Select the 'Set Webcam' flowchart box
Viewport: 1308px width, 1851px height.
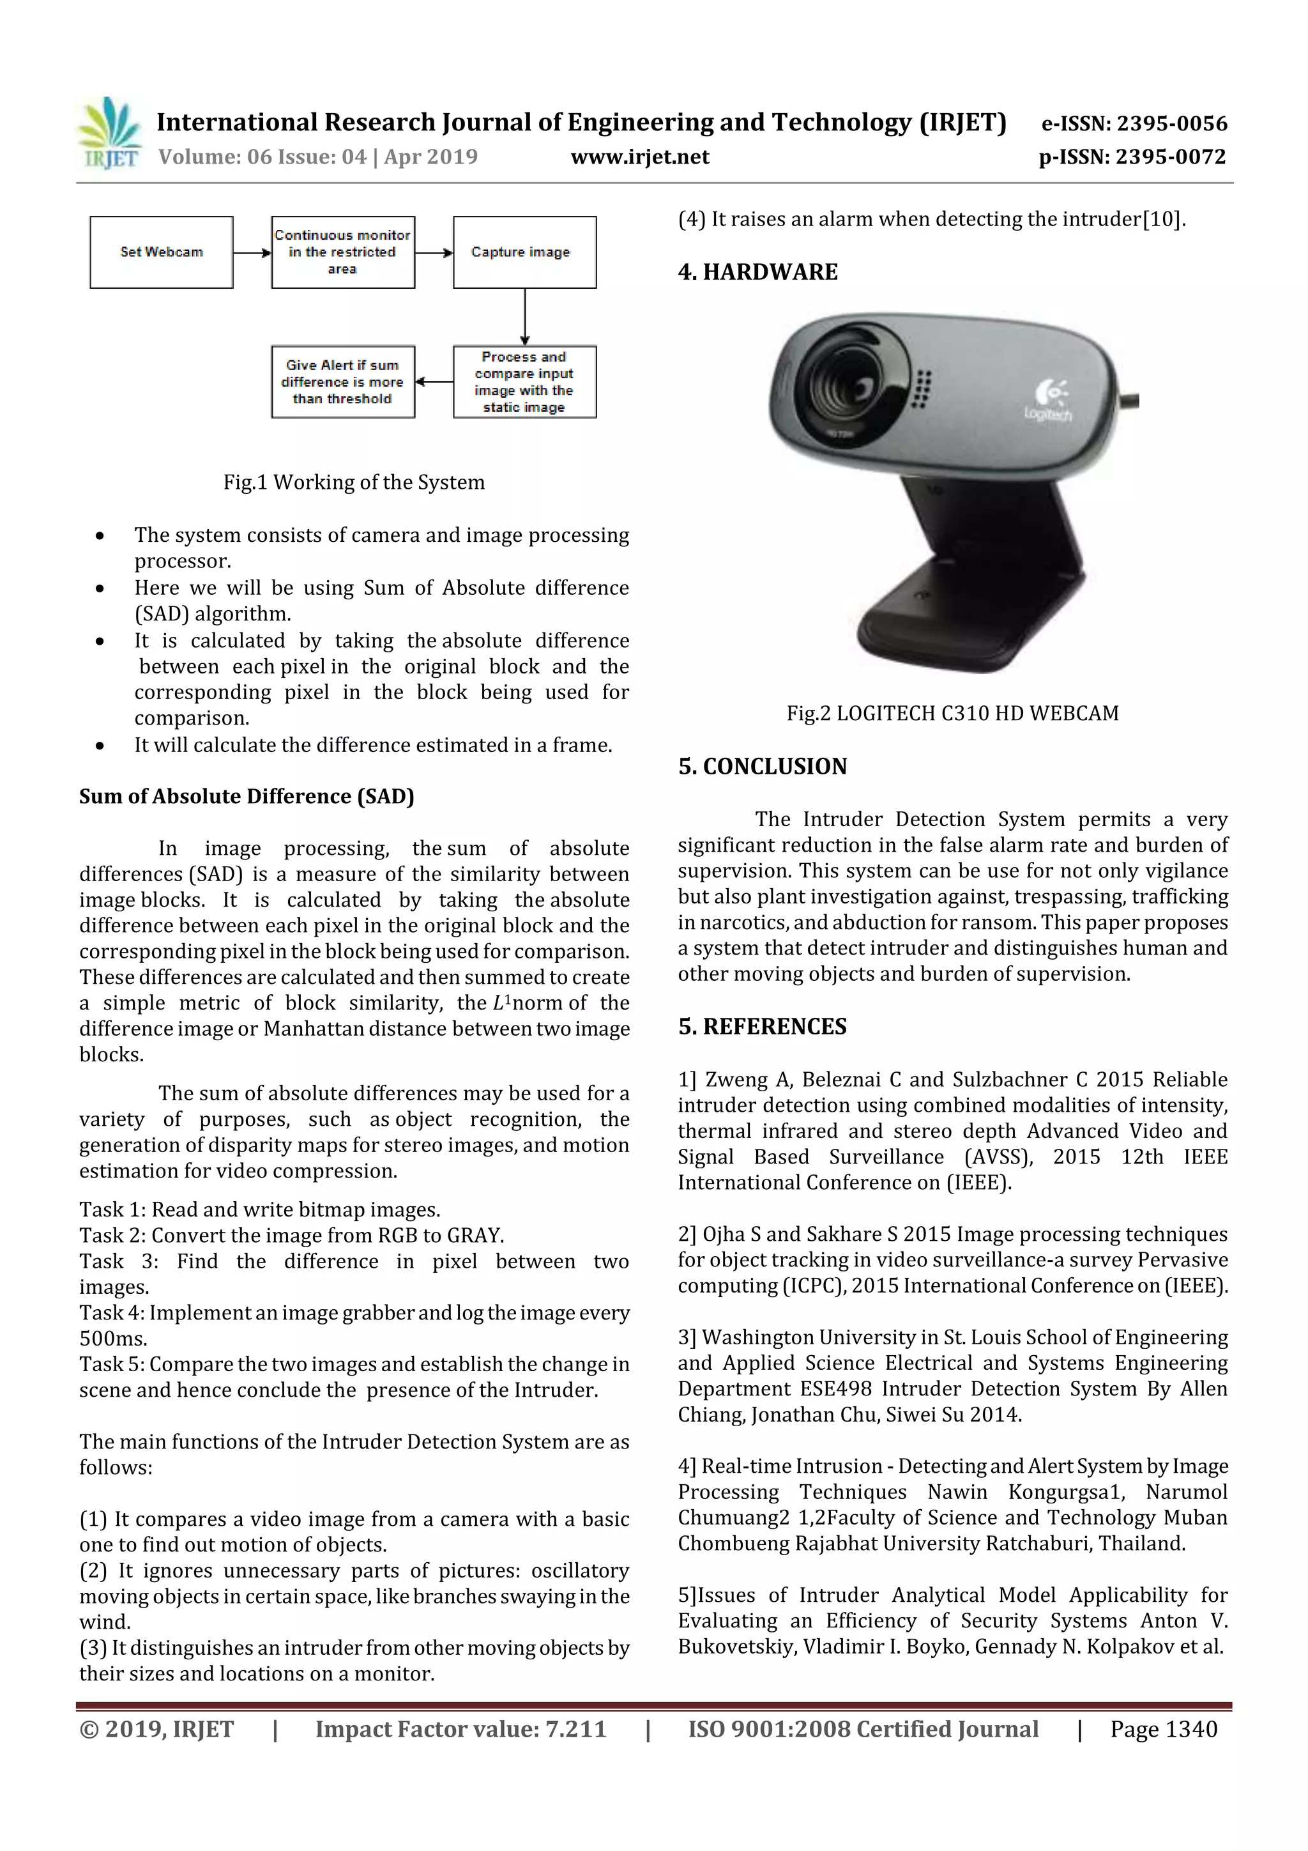161,252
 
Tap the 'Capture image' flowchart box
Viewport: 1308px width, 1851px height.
524,252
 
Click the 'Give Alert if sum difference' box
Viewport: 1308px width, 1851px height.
342,382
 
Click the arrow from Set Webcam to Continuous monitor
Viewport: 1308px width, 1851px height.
252,253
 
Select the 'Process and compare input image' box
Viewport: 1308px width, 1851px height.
524,382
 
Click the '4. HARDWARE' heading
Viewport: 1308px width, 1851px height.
757,272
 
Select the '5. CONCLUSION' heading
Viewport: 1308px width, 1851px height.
763,766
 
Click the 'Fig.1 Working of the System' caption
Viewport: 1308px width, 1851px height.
354,482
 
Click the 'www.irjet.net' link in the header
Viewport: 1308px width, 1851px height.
640,157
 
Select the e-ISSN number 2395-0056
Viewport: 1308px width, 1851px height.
1171,123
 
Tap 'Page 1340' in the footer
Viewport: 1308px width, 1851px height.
1163,1728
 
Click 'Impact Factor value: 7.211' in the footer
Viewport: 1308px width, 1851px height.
460,1728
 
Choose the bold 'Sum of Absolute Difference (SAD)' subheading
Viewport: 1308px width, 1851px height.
247,797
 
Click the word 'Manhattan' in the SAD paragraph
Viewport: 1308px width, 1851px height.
312,1029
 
